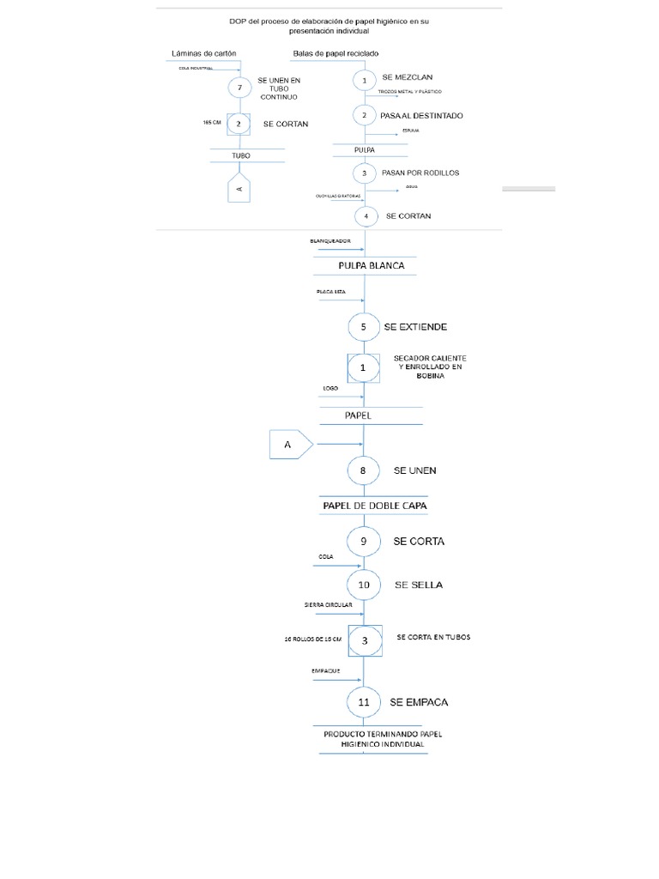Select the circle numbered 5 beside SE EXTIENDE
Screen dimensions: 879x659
tap(364, 327)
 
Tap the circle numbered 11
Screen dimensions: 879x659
tap(364, 702)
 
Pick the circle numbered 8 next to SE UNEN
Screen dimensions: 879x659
tap(364, 470)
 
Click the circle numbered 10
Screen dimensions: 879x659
tap(364, 585)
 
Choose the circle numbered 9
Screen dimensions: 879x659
tap(364, 542)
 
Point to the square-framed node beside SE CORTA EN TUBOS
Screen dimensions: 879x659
tap(364, 640)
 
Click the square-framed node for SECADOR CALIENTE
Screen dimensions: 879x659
tap(363, 367)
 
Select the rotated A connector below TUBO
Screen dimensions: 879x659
tap(240, 188)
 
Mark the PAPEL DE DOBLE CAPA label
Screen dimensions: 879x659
tap(374, 506)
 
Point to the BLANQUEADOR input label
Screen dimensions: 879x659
tap(330, 241)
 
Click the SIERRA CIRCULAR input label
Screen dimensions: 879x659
tap(328, 605)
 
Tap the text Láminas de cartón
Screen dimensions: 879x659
tap(204, 53)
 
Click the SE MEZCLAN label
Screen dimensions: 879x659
tap(414, 77)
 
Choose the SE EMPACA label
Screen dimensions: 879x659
tap(419, 702)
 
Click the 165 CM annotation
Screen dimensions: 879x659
tap(212, 123)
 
